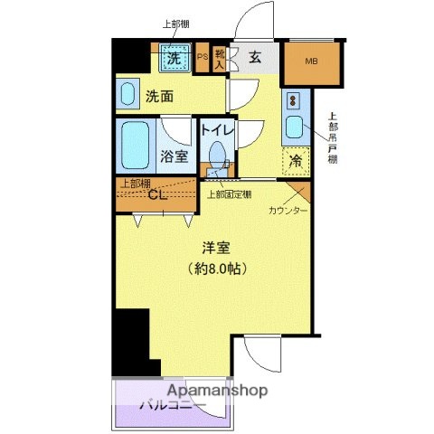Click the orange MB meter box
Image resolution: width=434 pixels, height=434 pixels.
point(312,62)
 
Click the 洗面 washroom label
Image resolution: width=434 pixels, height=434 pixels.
point(160,95)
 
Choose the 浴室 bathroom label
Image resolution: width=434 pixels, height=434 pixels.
point(175,156)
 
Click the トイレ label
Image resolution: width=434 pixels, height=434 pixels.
point(217,130)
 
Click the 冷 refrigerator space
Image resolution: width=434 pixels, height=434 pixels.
point(296,161)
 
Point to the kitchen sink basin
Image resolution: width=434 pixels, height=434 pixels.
point(295,127)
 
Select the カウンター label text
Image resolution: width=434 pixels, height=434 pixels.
point(288,211)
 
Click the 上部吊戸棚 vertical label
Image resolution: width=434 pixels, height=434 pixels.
point(333,137)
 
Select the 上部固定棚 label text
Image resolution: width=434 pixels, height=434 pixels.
point(230,193)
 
